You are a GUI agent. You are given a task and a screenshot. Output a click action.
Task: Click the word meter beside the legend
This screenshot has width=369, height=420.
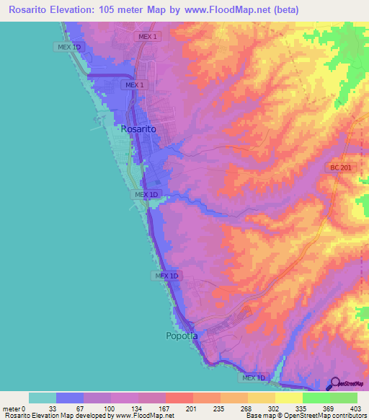(12, 408)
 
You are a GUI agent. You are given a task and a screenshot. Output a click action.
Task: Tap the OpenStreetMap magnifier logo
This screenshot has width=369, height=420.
(334, 383)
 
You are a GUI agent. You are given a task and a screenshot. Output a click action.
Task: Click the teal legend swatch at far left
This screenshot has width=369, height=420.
(43, 398)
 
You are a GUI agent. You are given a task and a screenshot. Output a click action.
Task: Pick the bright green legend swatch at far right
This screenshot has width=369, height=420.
(343, 398)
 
